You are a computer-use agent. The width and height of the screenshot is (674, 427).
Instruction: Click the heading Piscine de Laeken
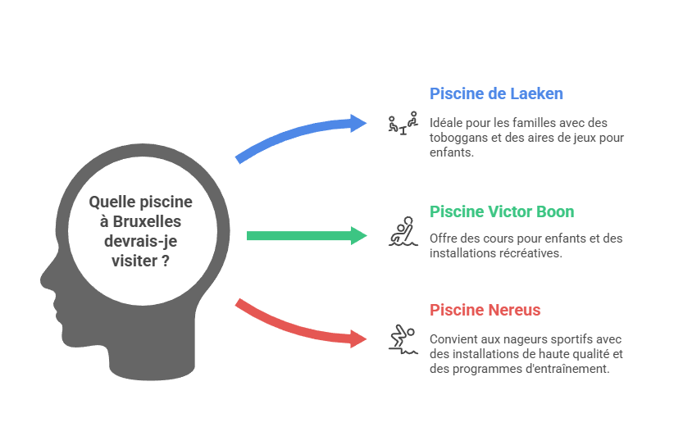(x=496, y=93)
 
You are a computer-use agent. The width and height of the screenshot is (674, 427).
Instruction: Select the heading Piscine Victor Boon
(x=502, y=211)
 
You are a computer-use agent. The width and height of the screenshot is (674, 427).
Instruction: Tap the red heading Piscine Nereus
(x=485, y=310)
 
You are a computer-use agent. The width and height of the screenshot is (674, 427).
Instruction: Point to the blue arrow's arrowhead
(x=358, y=124)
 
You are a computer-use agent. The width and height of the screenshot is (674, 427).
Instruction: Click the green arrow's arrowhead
(x=358, y=236)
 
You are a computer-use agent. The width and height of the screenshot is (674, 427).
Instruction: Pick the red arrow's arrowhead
(x=358, y=338)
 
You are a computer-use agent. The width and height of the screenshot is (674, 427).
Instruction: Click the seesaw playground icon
(x=403, y=124)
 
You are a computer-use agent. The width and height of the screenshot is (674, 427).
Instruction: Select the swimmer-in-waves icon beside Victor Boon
(x=402, y=234)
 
